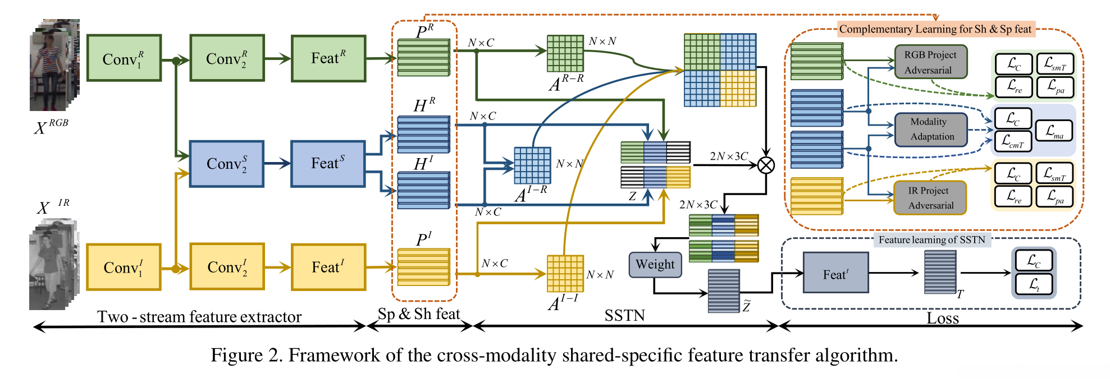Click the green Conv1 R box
(x=124, y=58)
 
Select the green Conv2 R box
(x=227, y=58)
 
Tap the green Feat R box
(x=328, y=58)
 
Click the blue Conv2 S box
(x=227, y=164)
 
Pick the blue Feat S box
(x=328, y=164)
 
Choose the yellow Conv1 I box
(x=124, y=267)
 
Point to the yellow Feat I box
(x=328, y=267)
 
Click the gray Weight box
(x=655, y=264)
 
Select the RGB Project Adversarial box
(x=930, y=62)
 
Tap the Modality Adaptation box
(x=931, y=130)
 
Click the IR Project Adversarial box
(x=930, y=198)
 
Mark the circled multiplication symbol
(x=766, y=165)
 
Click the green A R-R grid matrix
(x=565, y=54)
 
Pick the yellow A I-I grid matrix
(x=565, y=274)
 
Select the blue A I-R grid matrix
(x=532, y=165)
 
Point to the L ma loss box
(x=1054, y=131)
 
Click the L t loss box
(x=1034, y=285)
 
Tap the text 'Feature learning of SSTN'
(x=931, y=240)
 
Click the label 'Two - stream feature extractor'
(x=199, y=317)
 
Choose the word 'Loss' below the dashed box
(x=943, y=319)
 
